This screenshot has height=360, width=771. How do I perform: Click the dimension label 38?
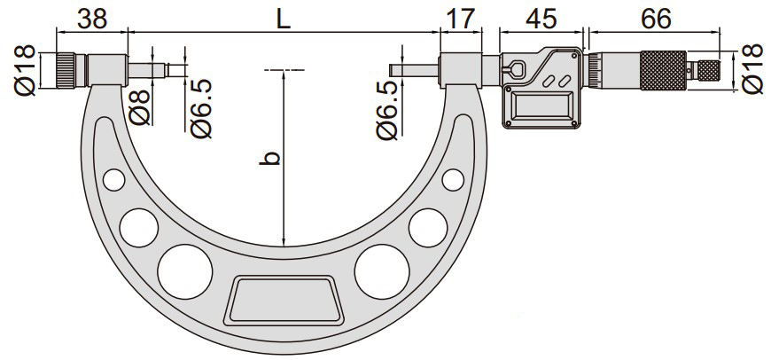92,19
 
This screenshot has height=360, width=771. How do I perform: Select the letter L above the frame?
283,20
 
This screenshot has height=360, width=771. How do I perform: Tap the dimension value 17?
460,19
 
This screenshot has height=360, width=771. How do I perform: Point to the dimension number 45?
541,19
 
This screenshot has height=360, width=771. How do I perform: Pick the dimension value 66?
656,19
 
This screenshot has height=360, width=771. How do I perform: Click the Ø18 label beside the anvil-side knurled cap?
25,69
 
